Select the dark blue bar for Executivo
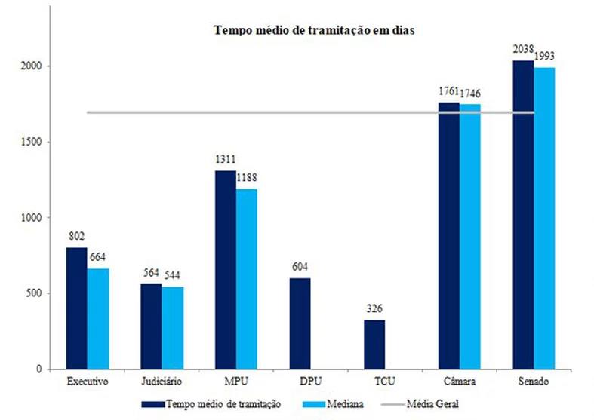coord(77,308)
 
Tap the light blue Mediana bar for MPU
coord(245,279)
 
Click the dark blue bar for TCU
coord(374,345)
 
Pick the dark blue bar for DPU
coord(300,323)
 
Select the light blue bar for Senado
coord(544,219)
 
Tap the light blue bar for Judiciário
coord(172,328)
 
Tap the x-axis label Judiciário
coord(162,382)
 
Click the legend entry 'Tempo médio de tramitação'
coord(223,404)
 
